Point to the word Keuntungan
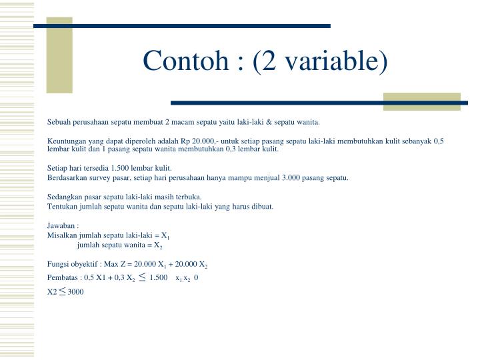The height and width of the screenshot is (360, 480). [x=67, y=141]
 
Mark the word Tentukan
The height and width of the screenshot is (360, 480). [x=62, y=206]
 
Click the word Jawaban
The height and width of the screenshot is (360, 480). [x=61, y=226]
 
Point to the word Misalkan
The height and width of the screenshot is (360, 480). [x=62, y=235]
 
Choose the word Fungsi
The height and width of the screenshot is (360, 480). [x=58, y=265]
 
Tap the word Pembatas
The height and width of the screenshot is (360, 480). [x=62, y=277]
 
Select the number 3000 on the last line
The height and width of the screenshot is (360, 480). [x=76, y=292]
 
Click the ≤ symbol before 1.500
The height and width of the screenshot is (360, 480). [x=143, y=276]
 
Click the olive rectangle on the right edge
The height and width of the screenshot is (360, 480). [x=422, y=101]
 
